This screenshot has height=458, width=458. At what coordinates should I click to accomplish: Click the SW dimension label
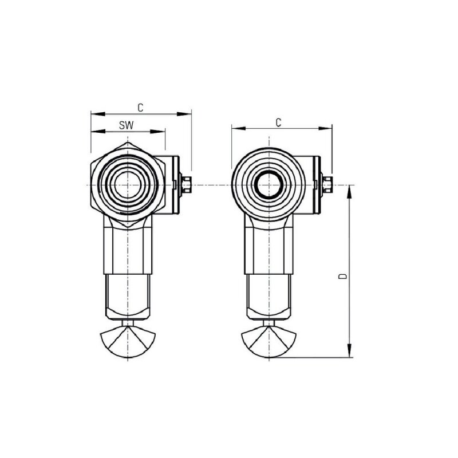tap(127, 124)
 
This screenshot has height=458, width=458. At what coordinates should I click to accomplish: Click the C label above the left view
tap(141, 107)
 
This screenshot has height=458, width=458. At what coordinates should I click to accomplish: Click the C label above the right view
tap(279, 122)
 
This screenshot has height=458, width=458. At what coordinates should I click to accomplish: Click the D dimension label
tap(342, 277)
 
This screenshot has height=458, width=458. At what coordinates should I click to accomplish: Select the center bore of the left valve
tap(127, 186)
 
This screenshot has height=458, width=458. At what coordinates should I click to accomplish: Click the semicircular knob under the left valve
tap(127, 341)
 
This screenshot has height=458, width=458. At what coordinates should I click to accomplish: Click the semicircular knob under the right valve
tap(268, 341)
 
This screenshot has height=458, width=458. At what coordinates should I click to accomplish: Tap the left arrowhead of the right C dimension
tap(235, 129)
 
